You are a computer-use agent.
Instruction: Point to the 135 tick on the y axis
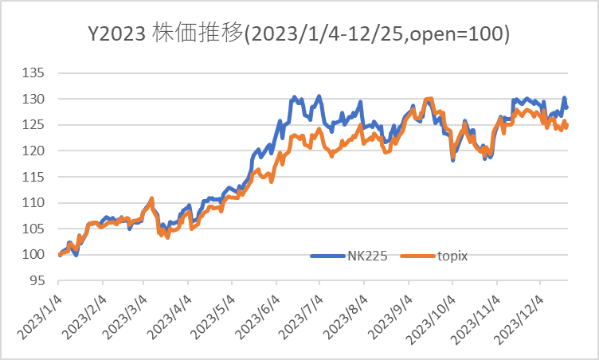(38, 73)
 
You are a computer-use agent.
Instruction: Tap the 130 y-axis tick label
(38, 99)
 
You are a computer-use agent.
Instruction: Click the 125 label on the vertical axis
(38, 125)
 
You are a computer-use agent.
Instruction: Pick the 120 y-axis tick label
(38, 151)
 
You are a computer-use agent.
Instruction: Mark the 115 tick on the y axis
(38, 177)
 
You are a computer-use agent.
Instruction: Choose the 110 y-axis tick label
(38, 202)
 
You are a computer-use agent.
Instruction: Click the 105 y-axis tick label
(38, 229)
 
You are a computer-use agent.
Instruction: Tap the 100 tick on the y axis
(38, 254)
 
